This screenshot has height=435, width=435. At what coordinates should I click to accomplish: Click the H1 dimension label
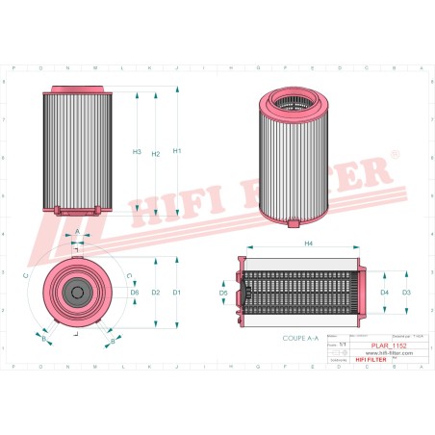tap(176, 152)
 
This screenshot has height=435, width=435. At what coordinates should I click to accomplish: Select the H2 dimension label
tap(155, 156)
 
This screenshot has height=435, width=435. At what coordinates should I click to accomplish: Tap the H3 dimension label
tap(137, 152)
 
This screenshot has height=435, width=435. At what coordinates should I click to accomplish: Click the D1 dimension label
tap(176, 292)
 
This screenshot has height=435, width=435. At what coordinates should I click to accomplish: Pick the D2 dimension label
tap(155, 292)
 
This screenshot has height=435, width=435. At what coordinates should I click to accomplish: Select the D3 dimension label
tap(406, 292)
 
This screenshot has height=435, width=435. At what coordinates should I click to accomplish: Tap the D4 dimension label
tap(384, 292)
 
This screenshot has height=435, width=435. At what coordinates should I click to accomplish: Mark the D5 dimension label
tap(223, 292)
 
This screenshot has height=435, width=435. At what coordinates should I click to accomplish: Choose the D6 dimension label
tap(135, 292)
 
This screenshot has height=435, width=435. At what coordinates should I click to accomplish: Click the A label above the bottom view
tap(78, 232)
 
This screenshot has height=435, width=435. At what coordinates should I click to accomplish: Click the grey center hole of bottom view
tap(78, 291)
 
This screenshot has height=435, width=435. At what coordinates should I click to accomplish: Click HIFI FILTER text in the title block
tap(370, 360)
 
